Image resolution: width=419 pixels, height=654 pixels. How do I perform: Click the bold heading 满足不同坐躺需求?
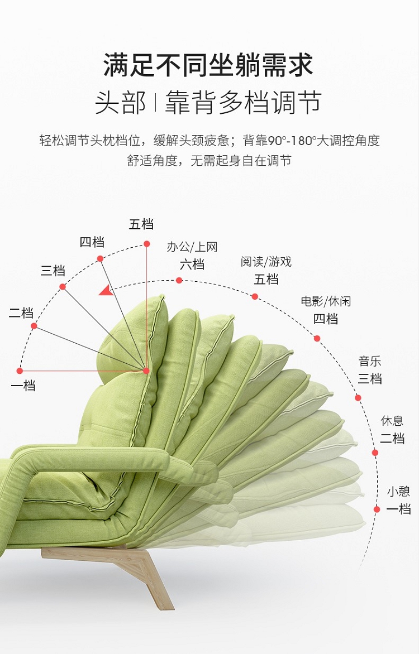208,65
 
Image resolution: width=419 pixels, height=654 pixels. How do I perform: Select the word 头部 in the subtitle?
120,103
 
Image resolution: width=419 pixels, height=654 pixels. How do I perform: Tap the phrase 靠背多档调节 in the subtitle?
243,103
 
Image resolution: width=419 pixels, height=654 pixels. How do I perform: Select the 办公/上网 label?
192,247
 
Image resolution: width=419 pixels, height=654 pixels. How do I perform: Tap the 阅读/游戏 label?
266,262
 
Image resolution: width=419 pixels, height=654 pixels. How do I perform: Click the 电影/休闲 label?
326,301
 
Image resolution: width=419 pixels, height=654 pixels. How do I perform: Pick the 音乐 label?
370,362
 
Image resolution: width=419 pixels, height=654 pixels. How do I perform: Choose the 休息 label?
392,421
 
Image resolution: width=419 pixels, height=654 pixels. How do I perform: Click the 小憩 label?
398,492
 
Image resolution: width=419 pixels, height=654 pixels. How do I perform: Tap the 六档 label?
192,264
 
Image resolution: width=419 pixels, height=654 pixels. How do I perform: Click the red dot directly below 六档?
179,280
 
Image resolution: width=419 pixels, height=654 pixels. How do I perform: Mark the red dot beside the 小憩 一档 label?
377,509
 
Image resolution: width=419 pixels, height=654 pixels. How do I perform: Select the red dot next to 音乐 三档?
358,398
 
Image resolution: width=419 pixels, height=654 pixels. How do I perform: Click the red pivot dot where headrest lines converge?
146,371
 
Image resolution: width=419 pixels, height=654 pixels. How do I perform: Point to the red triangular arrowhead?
106,290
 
